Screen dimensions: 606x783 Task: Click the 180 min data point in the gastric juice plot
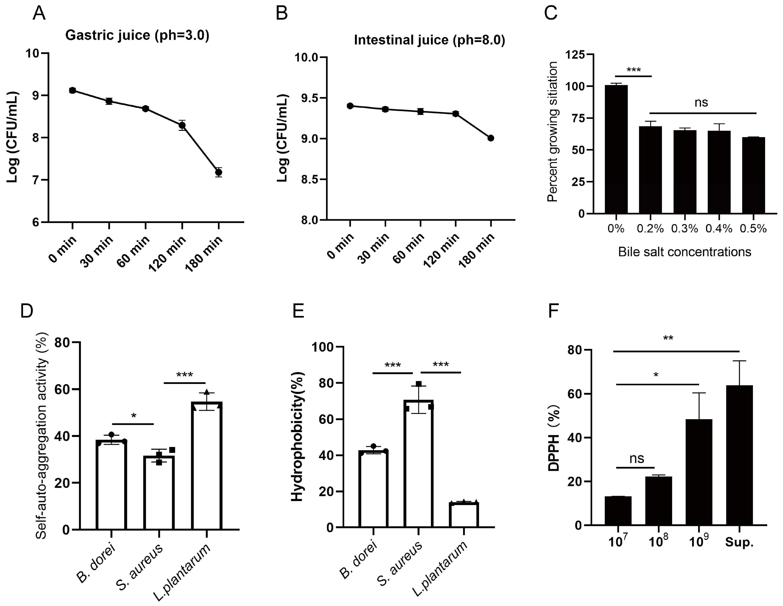click(218, 172)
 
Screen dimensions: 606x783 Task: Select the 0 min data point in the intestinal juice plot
click(350, 106)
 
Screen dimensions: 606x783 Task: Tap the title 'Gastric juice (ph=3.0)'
click(137, 35)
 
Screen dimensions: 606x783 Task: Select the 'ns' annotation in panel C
click(701, 103)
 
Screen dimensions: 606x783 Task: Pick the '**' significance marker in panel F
click(668, 338)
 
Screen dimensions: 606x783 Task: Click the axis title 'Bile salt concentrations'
click(684, 252)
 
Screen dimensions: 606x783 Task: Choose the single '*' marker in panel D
click(133, 416)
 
